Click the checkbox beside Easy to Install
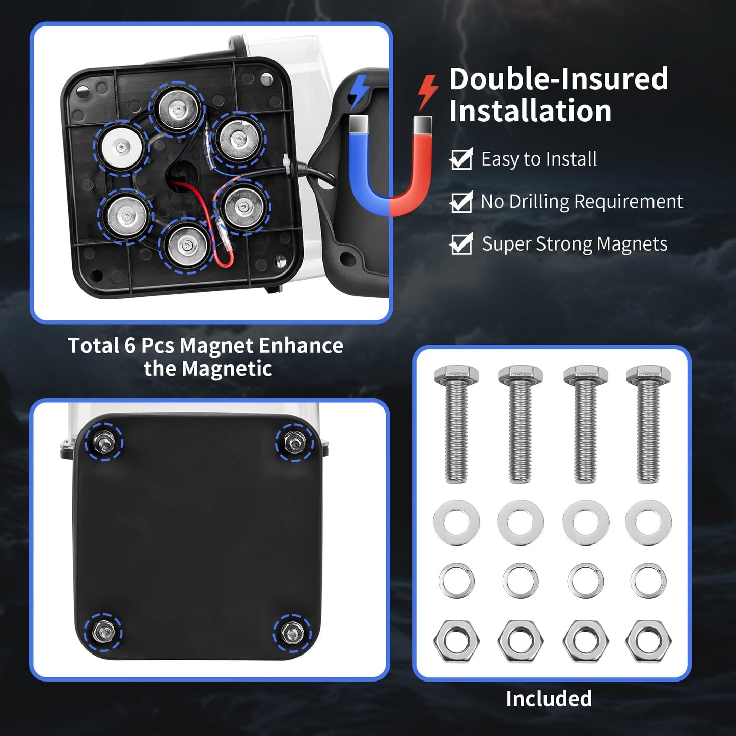461,160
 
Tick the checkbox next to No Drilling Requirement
461,202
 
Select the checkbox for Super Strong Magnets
461,244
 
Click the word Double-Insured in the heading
558,79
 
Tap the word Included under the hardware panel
549,698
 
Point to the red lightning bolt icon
427,92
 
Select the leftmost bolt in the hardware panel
456,423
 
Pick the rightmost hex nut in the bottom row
648,640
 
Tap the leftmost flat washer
456,522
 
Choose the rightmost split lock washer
648,581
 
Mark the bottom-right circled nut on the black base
292,633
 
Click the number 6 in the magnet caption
129,346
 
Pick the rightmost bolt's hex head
648,375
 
